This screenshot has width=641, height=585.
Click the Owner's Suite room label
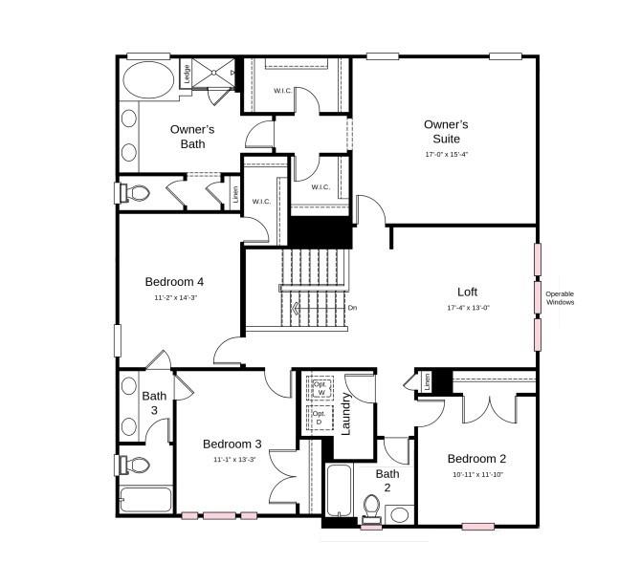click(x=446, y=132)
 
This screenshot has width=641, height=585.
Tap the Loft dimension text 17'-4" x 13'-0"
click(x=468, y=308)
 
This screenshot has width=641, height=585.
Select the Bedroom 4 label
click(x=174, y=282)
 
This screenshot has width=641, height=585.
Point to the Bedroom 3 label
click(x=232, y=444)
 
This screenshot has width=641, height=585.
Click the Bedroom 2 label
click(x=476, y=458)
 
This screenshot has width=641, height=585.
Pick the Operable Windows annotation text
click(x=560, y=297)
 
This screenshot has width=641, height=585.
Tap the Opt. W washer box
click(x=320, y=389)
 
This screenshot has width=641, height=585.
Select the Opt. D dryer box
click(x=320, y=418)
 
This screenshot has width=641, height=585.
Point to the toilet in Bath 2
click(x=371, y=506)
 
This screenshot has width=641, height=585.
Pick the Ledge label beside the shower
click(x=188, y=74)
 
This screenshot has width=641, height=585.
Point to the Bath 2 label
click(x=387, y=480)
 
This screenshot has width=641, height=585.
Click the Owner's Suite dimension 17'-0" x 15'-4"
click(x=447, y=154)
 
